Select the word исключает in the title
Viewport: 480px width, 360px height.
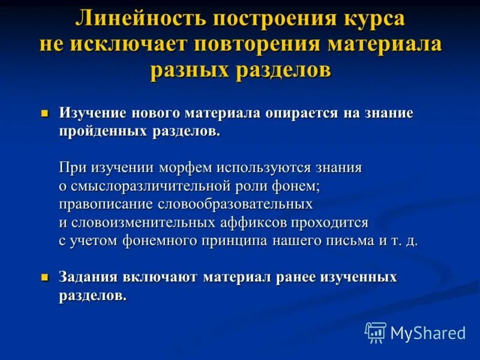tap(127, 44)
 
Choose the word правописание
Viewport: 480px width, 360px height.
tap(106, 204)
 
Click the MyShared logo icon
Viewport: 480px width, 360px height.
tap(376, 332)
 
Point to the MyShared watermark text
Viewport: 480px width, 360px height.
tap(428, 333)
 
